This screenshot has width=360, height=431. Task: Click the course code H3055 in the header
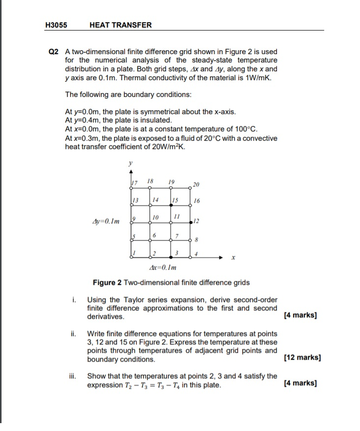tap(56, 25)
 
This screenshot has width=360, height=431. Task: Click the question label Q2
tap(54, 52)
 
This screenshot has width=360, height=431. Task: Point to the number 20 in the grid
tap(197, 185)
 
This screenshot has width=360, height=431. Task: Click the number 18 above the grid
tap(151, 182)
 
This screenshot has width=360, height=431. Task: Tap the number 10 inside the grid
tap(155, 217)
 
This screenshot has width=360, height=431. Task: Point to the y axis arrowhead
tap(130, 172)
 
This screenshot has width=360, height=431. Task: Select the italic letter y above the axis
tap(130, 164)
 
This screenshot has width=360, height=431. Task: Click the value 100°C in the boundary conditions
tap(247, 129)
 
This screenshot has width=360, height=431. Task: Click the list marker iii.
tap(73, 376)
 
